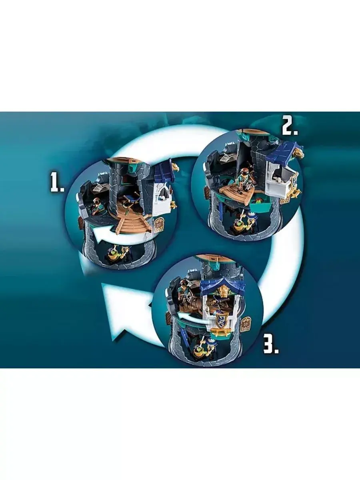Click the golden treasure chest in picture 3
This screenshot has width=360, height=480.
click(221, 337)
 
